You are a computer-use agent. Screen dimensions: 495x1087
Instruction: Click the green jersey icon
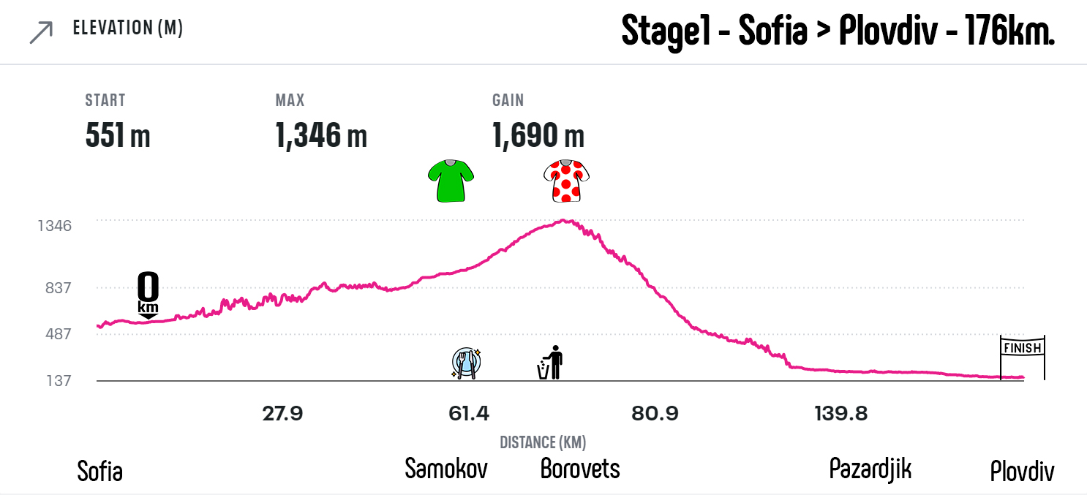pos(451,180)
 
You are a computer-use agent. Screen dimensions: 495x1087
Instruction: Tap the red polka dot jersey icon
pos(566,181)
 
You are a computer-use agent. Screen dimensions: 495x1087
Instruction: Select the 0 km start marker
pos(148,295)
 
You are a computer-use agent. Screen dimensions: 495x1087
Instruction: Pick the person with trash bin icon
pos(551,363)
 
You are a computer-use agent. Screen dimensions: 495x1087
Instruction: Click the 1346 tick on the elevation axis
pos(55,225)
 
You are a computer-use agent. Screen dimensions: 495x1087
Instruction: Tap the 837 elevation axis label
pos(57,288)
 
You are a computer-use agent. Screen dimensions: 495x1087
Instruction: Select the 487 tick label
pos(57,334)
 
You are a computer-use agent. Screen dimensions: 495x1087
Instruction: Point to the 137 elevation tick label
pos(57,381)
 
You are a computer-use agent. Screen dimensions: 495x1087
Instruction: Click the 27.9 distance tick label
pos(282,415)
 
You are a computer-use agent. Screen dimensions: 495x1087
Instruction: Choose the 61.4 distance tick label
pos(468,415)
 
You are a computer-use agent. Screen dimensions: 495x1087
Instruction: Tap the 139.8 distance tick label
pos(840,415)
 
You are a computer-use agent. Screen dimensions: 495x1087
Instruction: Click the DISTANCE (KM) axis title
pos(543,442)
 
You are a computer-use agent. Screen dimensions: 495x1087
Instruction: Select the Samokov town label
pos(446,468)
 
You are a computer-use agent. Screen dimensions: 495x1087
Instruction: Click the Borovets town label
pos(580,468)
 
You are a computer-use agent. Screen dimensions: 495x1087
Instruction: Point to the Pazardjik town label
pos(870,469)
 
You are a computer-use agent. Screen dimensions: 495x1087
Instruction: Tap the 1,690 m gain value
pos(538,135)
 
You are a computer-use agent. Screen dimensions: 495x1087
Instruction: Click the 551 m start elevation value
pos(118,135)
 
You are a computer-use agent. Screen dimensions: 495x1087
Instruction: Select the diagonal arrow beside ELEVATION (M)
pos(41,32)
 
